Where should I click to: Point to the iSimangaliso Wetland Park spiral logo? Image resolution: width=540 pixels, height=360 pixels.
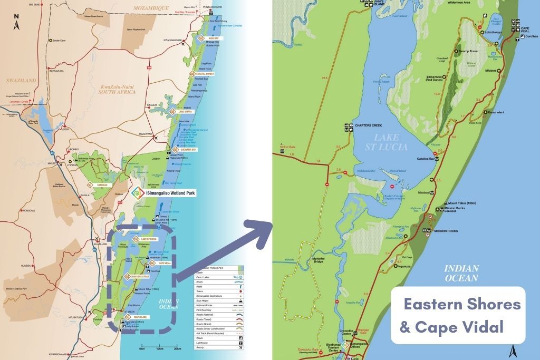tap(136, 193)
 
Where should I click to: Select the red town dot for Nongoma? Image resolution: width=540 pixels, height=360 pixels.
tap(21, 210)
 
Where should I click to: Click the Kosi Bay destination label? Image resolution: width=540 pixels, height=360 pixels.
tap(213, 38)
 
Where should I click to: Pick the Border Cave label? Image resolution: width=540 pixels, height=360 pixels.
tap(58, 41)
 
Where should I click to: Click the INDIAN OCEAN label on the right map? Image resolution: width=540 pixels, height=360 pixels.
tap(461, 273)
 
